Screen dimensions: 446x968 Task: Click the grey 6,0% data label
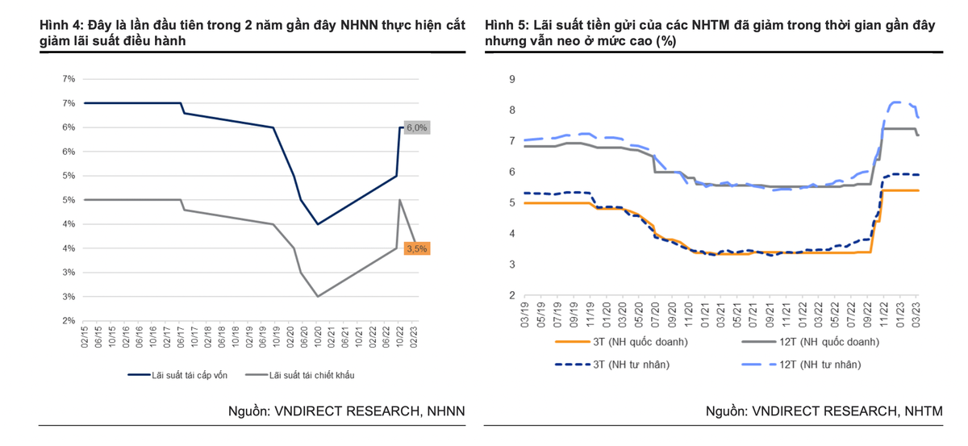[416, 127]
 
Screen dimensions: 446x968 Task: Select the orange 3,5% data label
[417, 249]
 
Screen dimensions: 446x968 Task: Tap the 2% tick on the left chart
[69, 321]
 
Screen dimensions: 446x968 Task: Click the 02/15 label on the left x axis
[85, 336]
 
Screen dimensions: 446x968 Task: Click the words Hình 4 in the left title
[60, 25]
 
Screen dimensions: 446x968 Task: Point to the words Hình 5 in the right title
[505, 25]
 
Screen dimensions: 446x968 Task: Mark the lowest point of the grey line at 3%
[318, 296]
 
